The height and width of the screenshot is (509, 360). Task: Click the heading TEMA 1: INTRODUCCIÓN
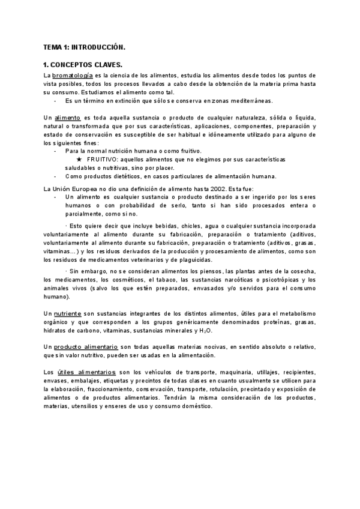(84, 46)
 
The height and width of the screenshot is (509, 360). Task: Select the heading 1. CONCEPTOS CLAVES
(83, 65)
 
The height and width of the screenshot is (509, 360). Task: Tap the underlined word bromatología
(73, 76)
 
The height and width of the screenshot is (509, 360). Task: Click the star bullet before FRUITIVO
(80, 160)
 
